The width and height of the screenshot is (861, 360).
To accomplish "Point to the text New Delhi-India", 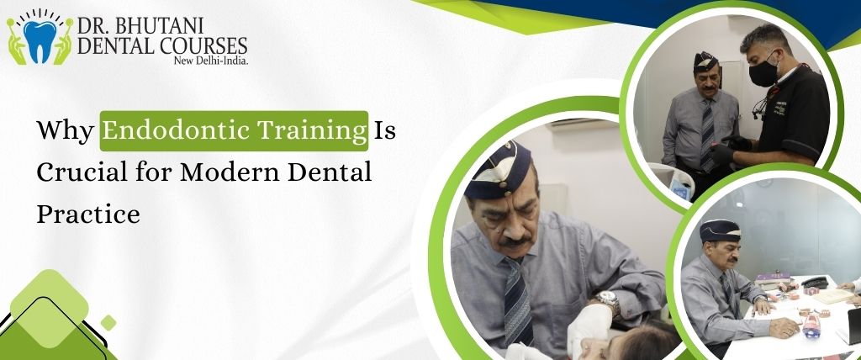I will [x=210, y=61].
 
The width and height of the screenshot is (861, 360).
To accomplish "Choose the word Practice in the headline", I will [x=87, y=214].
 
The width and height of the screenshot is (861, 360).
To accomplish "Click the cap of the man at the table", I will [x=720, y=230].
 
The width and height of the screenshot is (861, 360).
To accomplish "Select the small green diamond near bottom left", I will [x=108, y=322].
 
